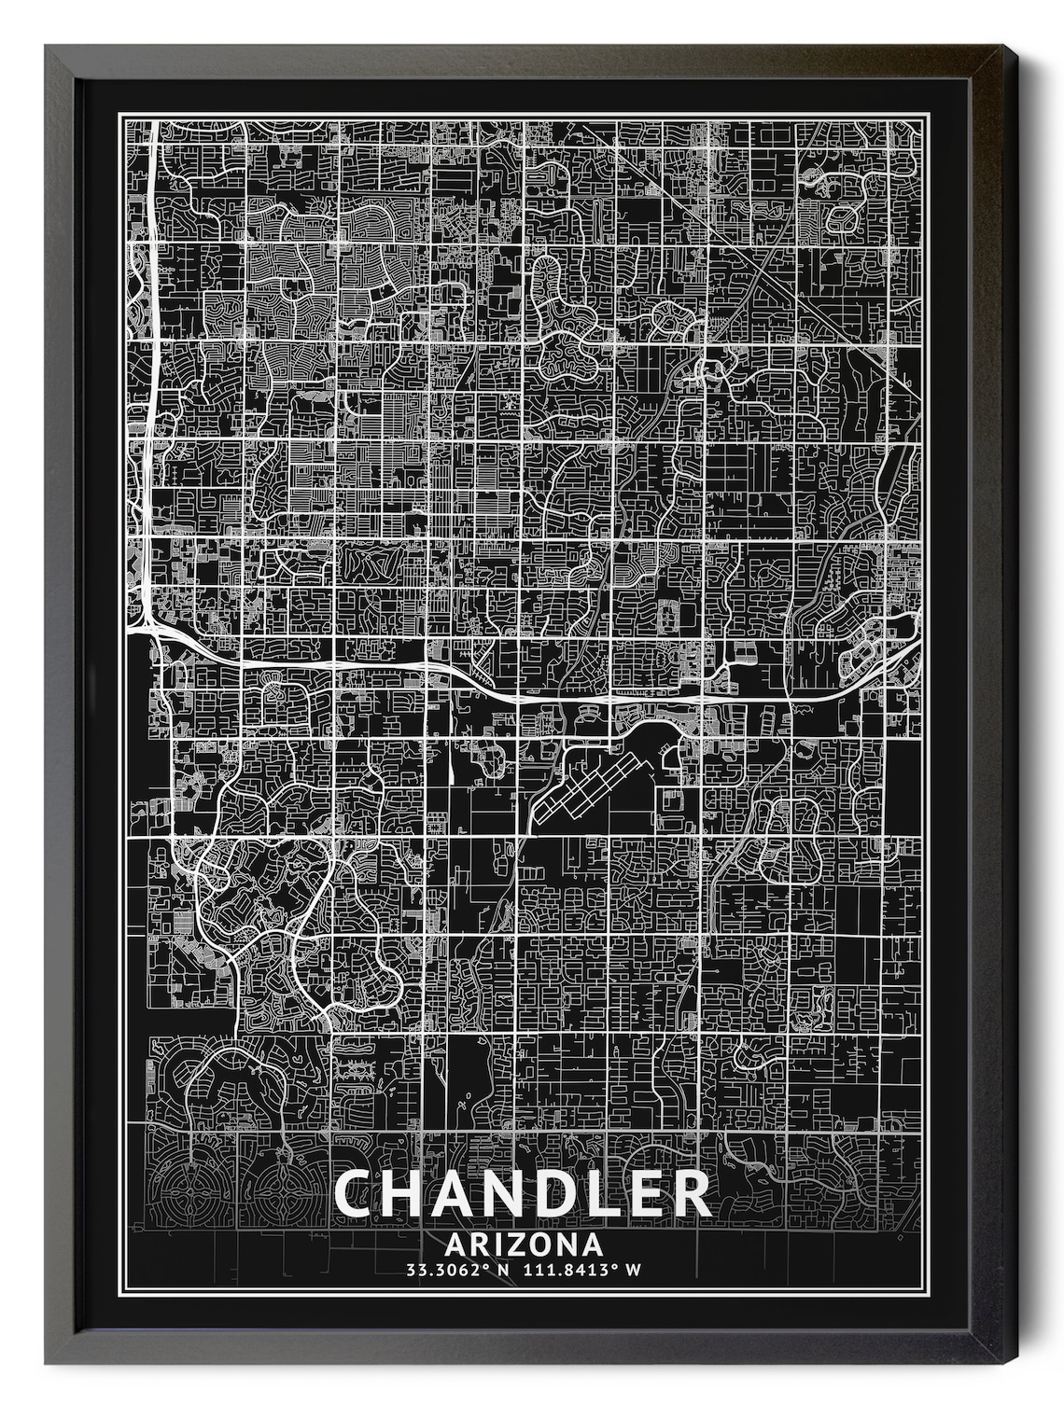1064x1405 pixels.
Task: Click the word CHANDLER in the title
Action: pyautogui.click(x=522, y=1193)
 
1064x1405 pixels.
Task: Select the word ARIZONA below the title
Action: pyautogui.click(x=524, y=1245)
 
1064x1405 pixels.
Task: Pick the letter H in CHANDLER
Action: pyautogui.click(x=408, y=1193)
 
